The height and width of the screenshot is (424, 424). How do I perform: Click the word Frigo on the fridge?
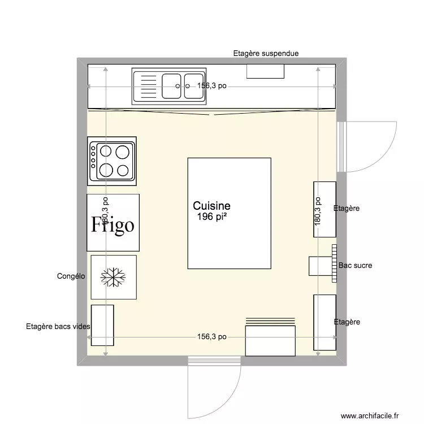click(113, 224)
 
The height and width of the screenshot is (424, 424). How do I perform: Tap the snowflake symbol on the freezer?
click(113, 276)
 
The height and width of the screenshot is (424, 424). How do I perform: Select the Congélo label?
click(71, 276)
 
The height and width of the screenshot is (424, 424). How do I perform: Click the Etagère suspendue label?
click(266, 54)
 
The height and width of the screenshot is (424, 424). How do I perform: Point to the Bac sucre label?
click(355, 265)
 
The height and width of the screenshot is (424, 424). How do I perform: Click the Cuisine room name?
click(211, 206)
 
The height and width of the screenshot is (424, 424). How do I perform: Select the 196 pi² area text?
click(211, 217)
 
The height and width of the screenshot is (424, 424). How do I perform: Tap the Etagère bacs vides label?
click(58, 326)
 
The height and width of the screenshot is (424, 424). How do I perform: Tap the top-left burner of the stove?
click(106, 151)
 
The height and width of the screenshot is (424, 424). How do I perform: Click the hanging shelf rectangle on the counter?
click(265, 71)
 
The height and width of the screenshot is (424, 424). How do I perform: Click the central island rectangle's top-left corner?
click(188, 158)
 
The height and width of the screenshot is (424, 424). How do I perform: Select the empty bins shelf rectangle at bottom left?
click(102, 325)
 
